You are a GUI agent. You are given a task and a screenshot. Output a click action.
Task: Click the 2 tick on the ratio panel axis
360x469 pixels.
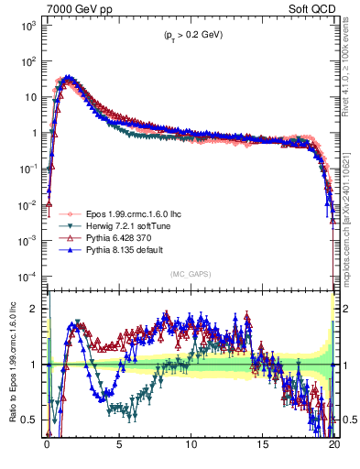[x=37, y=309]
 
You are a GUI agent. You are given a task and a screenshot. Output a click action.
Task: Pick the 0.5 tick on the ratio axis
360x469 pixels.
[x=33, y=420]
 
